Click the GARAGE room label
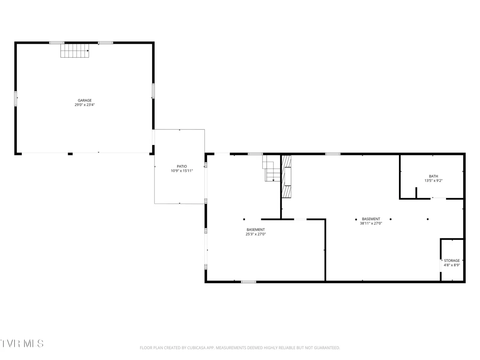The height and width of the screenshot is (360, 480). pos(85,100)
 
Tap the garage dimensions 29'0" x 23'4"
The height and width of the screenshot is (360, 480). pos(85,105)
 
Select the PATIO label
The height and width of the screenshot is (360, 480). pos(182,166)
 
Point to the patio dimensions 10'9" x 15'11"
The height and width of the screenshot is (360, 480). pos(182,171)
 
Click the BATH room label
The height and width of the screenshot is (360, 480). pos(433,176)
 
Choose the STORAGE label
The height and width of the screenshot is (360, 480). pos(452,261)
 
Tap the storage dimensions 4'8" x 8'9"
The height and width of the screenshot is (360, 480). pos(452,265)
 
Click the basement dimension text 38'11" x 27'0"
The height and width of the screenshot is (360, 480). pos(371,223)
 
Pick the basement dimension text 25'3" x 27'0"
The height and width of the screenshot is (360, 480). pos(255,234)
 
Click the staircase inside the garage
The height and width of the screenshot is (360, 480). pos(75,51)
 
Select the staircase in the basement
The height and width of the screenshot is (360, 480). pos(271,168)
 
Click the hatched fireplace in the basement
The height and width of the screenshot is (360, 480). pos(286,177)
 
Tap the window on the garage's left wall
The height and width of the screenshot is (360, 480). pos(16,99)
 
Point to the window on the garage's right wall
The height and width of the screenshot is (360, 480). pos(153,91)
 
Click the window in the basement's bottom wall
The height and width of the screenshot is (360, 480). pos(248,282)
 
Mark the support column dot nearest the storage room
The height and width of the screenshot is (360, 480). pos(428,219)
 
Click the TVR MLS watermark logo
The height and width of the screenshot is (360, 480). pos(22,343)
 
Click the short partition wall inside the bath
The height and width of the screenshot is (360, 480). pos(416,193)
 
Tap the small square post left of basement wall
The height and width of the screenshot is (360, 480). pos(244,219)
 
